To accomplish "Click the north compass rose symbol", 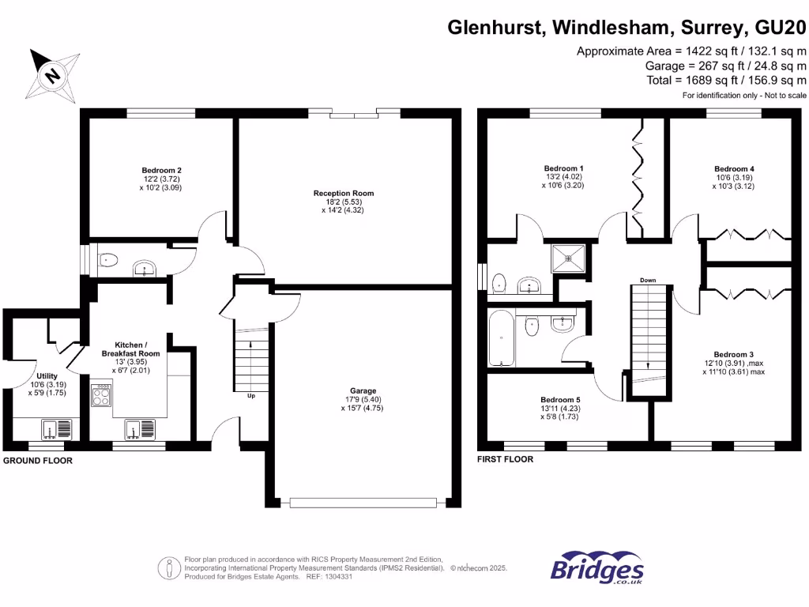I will [x=51, y=75].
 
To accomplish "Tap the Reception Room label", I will [x=343, y=193].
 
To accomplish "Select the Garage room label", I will [x=363, y=390].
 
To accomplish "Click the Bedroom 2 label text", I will [x=162, y=170].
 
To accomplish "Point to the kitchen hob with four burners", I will [x=102, y=394].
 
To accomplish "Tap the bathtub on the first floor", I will [x=501, y=337].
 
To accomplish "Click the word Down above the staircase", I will [x=648, y=281].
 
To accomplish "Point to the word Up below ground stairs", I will [x=251, y=395].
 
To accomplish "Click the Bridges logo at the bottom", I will [x=596, y=569].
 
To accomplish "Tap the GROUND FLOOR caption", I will [x=37, y=460].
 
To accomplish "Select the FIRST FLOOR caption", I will [x=506, y=459].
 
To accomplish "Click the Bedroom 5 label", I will [x=560, y=400].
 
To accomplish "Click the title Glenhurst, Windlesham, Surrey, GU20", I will [x=627, y=28].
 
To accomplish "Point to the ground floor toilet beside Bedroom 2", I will [x=107, y=258].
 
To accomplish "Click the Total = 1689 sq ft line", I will [x=724, y=80].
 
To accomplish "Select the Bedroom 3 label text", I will [x=734, y=354].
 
